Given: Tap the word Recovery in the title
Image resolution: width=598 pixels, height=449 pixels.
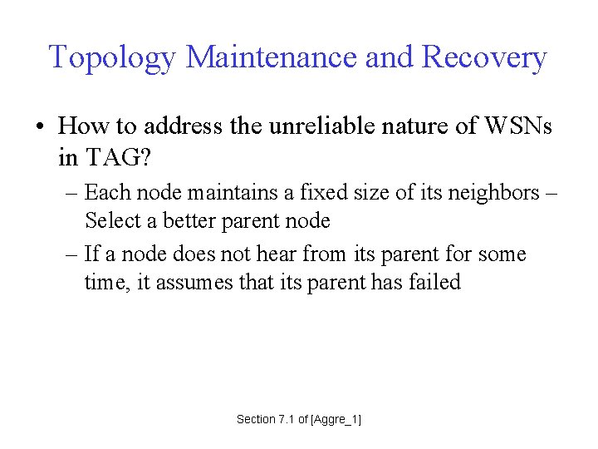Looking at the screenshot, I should click(484, 58).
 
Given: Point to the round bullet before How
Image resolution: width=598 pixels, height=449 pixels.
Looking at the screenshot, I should click(40, 127).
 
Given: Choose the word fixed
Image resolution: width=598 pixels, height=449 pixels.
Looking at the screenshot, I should click(325, 193).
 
